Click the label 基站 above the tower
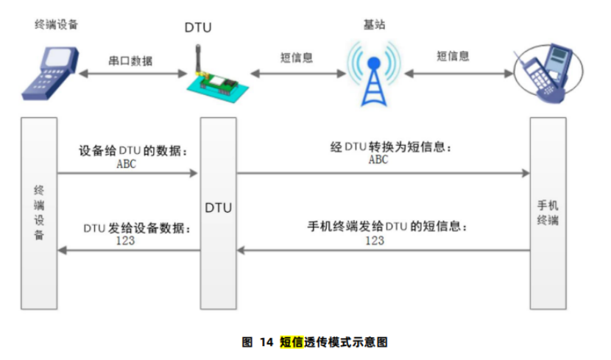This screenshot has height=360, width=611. pos(374,24)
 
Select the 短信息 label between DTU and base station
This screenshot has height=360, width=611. pos(297,57)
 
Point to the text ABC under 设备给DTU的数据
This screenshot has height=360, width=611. pos(127,164)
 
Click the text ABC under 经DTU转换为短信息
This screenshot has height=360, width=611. pos(378,160)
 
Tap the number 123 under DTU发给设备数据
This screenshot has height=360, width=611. pos(125,241)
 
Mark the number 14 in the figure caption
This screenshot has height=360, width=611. pos(266,342)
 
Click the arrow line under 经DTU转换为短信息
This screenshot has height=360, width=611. pos(383,174)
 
